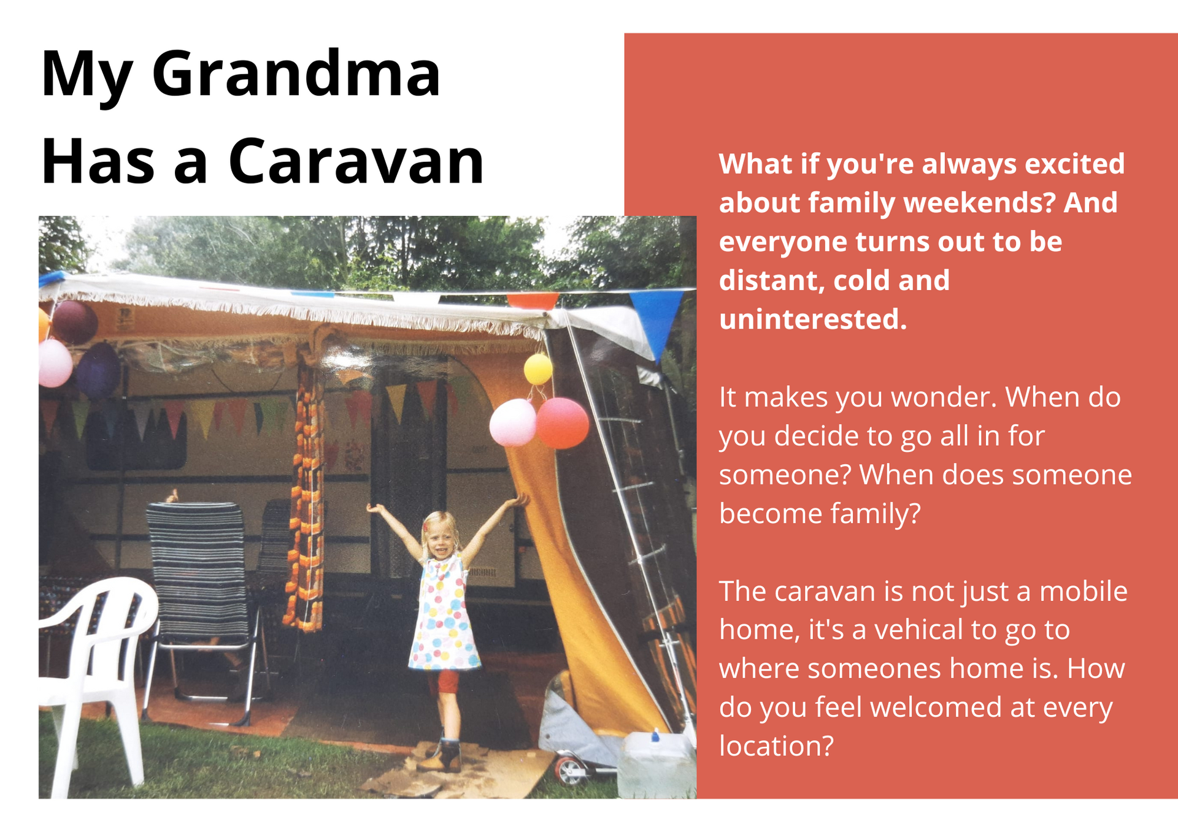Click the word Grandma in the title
(296, 74)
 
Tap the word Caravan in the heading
(356, 161)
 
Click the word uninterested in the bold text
(813, 319)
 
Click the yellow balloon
(538, 369)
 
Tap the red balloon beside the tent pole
(562, 422)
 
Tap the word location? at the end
(776, 746)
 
